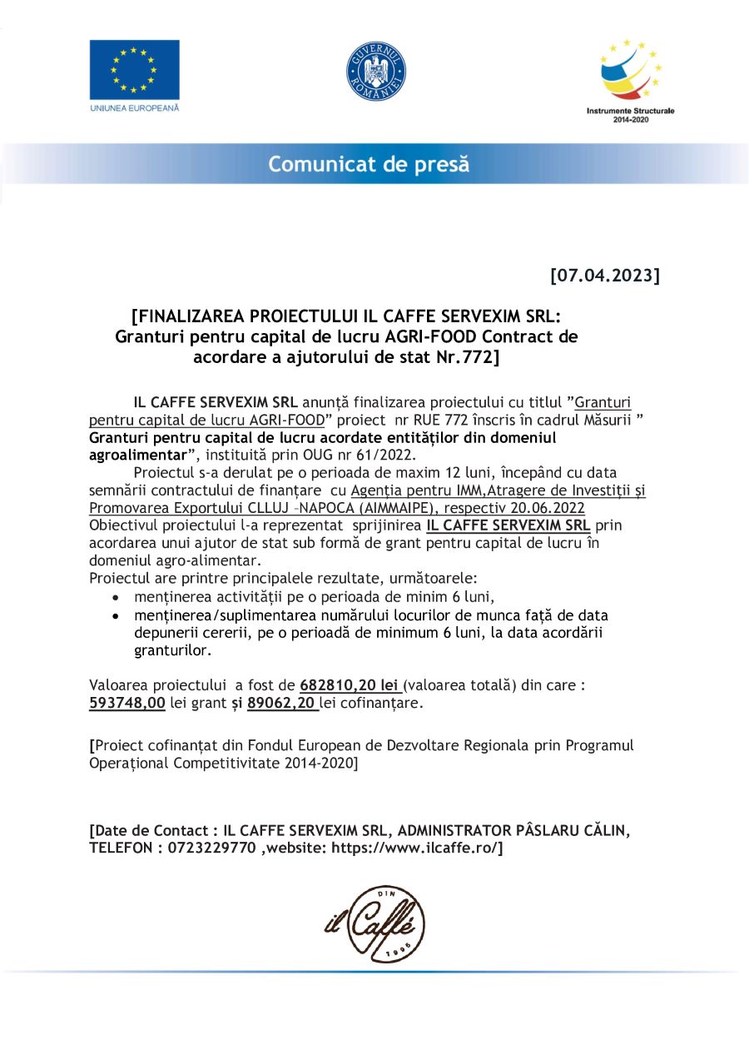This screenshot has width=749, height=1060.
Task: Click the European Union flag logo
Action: coord(134,70)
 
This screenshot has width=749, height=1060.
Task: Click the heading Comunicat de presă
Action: coord(368,164)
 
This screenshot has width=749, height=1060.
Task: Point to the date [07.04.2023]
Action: coord(605,275)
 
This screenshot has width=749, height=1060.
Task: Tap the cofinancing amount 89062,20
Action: coord(282,703)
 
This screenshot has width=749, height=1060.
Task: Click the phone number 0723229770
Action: coord(211,848)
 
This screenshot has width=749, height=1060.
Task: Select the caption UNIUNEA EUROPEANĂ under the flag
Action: coord(134,108)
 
